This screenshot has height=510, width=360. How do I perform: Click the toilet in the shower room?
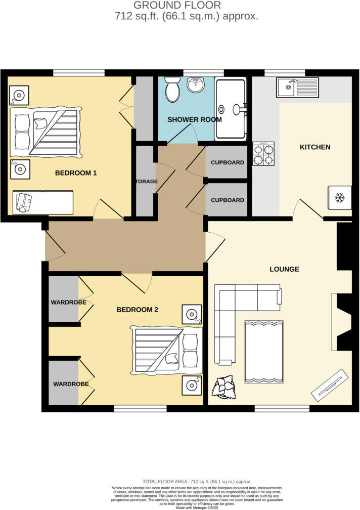172,90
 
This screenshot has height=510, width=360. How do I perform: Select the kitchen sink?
298,88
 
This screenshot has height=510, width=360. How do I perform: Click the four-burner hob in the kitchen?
263,153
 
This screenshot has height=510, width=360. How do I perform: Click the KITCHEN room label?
315,147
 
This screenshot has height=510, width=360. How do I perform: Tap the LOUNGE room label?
284,269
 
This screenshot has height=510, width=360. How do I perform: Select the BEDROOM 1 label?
76,173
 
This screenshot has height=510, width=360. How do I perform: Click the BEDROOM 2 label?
138,310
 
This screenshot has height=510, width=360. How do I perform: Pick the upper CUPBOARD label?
228,163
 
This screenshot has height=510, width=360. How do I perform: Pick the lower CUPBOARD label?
228,200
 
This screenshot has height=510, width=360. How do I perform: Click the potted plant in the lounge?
224,388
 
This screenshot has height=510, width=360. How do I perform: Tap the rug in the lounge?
263,352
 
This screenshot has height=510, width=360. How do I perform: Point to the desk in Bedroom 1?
43,202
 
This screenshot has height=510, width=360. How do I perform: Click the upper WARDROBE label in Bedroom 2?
68,303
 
